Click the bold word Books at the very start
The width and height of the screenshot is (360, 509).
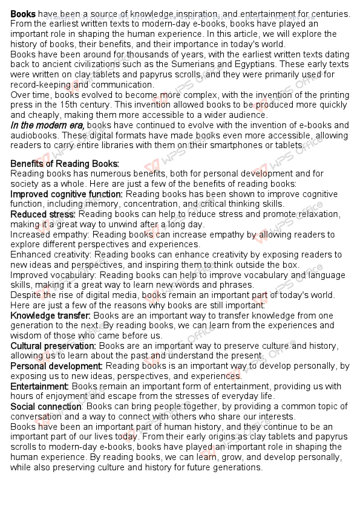point(23,13)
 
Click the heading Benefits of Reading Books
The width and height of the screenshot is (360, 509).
point(65,164)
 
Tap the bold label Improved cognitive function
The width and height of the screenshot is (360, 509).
point(67,194)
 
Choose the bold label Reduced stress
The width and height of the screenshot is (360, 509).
point(43,214)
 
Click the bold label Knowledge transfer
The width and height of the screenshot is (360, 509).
point(50,316)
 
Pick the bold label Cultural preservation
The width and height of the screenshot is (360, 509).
point(53,346)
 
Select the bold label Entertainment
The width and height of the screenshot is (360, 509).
point(40,386)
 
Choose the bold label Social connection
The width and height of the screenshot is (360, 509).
point(46,406)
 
